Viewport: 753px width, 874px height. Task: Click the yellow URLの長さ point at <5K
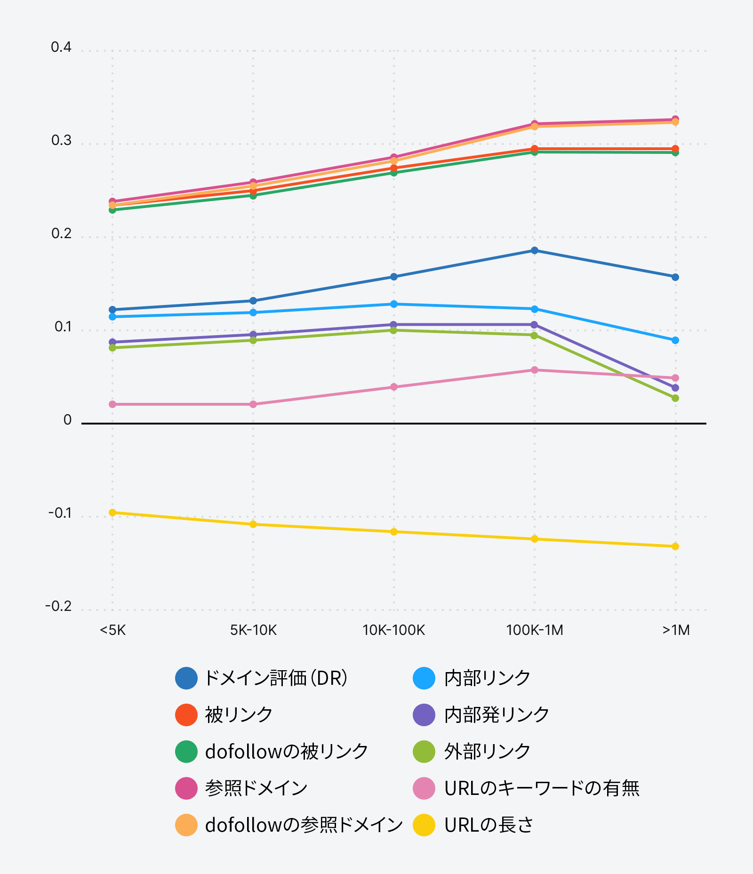click(112, 513)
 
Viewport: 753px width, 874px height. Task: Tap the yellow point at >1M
click(675, 546)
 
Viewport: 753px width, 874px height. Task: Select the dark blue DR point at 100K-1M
click(535, 250)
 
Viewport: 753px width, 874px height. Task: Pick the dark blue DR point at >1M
click(675, 277)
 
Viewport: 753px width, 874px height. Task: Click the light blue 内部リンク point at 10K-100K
click(394, 304)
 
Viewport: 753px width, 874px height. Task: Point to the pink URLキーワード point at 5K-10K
click(253, 404)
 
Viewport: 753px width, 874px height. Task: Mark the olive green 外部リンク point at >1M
click(675, 398)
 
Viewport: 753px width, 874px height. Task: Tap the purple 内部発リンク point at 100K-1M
click(535, 325)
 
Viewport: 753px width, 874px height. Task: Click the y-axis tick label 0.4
click(61, 48)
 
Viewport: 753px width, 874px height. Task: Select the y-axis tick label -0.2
click(58, 606)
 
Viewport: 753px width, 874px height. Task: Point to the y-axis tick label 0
click(67, 420)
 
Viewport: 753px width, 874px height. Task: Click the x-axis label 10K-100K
click(393, 630)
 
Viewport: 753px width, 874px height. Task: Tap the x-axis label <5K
click(112, 630)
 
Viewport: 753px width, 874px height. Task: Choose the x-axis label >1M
click(676, 630)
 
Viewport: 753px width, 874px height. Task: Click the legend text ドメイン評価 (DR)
click(276, 678)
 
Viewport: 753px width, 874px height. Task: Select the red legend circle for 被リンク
click(186, 715)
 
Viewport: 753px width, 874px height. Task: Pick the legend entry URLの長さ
click(489, 825)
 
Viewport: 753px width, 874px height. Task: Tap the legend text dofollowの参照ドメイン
click(304, 825)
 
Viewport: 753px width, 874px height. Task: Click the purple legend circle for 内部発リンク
click(424, 715)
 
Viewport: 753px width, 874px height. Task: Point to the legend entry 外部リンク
click(487, 752)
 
